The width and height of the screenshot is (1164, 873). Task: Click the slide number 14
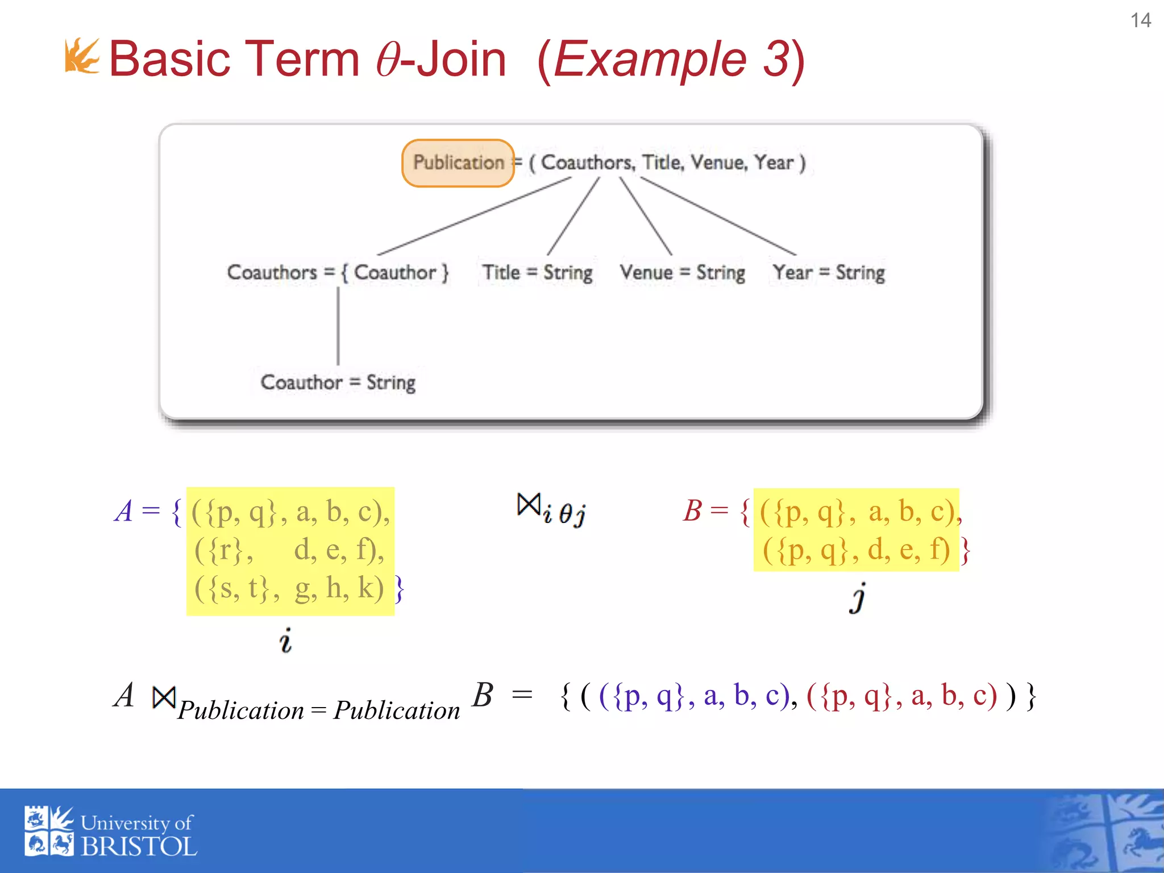tap(1140, 20)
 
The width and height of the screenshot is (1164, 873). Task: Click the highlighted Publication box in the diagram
tap(458, 163)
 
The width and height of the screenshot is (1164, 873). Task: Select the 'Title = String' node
tap(537, 272)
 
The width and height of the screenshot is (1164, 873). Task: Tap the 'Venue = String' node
tap(682, 272)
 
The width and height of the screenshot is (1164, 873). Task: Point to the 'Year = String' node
tap(829, 272)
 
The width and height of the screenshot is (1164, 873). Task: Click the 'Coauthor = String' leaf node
tap(338, 382)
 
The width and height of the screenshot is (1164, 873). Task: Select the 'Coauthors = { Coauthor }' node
tap(338, 272)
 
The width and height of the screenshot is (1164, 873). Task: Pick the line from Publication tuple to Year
tap(718, 216)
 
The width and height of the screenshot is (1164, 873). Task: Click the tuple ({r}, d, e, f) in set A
tap(289, 550)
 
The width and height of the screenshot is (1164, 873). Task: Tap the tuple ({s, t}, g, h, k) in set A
tap(289, 588)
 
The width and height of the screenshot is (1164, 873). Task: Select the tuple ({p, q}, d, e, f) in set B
tap(856, 550)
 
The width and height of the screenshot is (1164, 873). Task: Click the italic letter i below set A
tap(285, 641)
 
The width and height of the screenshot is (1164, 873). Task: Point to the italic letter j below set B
tap(858, 598)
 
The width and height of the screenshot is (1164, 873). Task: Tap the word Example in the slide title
tap(649, 59)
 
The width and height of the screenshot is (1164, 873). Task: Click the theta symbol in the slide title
tap(389, 60)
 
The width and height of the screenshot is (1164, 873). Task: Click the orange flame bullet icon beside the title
tap(82, 56)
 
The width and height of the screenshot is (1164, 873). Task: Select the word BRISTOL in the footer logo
tap(139, 847)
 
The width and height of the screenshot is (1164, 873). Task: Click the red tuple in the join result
tap(901, 696)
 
